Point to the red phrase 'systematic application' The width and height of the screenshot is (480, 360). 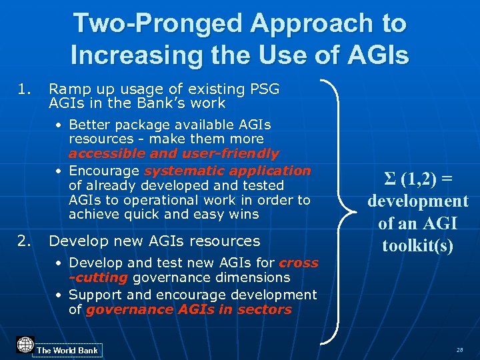[x=227, y=171]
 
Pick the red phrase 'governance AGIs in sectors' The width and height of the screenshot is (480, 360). [x=189, y=309]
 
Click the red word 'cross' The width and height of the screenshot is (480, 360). [x=298, y=263]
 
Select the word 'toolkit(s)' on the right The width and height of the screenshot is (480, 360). [x=417, y=245]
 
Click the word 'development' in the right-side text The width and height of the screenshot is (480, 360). [x=418, y=201]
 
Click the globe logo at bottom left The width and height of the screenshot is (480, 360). [x=25, y=345]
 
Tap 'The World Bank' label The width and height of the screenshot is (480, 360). [x=67, y=350]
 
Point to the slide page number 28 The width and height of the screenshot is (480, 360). [x=460, y=350]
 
